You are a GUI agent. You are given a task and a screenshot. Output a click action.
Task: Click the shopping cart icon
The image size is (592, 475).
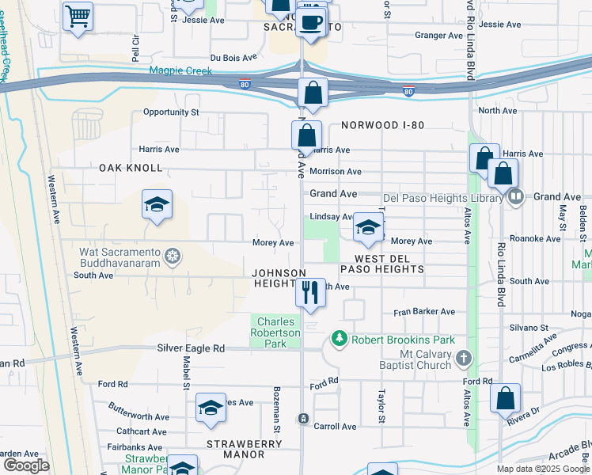point(78,16)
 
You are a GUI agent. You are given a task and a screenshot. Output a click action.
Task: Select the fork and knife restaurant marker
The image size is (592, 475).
point(310,293)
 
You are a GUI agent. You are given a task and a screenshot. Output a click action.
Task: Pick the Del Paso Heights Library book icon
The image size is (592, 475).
point(515,197)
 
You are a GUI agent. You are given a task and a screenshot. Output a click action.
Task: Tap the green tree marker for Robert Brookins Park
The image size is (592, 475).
point(340,339)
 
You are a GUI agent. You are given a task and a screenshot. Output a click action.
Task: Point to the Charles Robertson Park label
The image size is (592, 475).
point(276,333)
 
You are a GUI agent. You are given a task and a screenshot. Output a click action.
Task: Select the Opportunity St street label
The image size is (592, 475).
point(171,112)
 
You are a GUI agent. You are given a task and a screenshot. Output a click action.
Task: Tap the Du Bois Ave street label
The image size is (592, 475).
point(233,58)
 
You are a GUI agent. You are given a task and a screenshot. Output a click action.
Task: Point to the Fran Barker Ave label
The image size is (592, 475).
point(425,312)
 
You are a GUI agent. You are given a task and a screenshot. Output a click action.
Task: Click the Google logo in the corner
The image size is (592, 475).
point(26,465)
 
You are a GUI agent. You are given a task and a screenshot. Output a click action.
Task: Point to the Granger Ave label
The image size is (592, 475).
point(439,36)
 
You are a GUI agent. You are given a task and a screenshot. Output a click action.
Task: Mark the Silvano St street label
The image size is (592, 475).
point(528,327)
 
